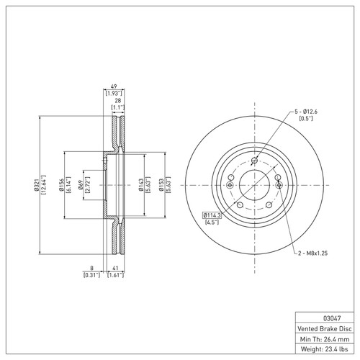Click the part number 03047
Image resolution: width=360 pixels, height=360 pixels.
coord(332,318)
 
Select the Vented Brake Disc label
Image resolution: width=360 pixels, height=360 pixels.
coord(325,328)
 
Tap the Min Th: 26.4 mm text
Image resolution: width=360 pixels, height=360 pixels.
coord(325,339)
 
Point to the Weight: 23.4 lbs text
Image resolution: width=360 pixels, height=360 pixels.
coord(324,348)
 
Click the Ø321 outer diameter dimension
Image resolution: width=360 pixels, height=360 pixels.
coord(36,185)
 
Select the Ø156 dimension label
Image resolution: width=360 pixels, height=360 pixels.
coord(61,185)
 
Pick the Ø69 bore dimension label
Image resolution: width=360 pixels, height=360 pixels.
coord(81,185)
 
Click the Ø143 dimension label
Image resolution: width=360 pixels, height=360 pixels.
coord(141,185)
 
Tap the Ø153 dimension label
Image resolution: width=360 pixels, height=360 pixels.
coord(161,185)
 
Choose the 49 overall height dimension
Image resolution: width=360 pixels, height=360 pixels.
coord(114,86)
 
